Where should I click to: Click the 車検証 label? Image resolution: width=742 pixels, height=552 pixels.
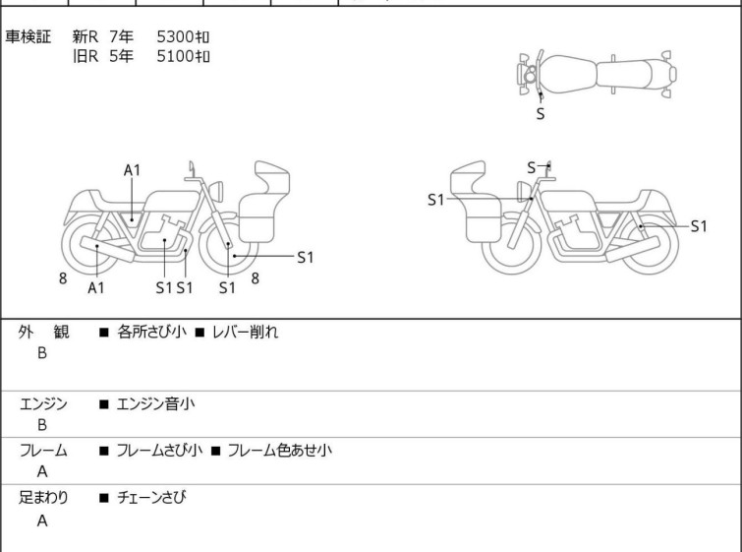click(28, 36)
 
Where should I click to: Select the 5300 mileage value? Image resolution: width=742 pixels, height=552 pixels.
click(175, 36)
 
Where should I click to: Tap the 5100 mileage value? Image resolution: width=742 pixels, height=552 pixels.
click(175, 56)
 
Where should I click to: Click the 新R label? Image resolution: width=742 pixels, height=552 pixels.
click(86, 36)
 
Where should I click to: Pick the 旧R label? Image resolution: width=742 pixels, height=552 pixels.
click(86, 56)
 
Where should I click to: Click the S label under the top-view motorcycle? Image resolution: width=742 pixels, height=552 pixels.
click(541, 114)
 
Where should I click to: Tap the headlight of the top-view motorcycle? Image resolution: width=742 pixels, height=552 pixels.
click(530, 75)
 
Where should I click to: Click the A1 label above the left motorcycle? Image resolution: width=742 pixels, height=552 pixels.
click(132, 170)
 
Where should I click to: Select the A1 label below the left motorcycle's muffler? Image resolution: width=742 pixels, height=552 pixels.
click(96, 287)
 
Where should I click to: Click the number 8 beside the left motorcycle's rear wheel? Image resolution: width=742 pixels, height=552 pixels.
click(63, 278)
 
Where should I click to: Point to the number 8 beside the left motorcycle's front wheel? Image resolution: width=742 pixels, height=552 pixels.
click(256, 278)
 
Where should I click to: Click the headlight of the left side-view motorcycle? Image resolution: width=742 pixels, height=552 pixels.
click(216, 191)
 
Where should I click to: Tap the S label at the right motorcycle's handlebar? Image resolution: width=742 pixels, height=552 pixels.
click(532, 167)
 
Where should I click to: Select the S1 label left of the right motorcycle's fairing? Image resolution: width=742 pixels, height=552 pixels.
click(435, 200)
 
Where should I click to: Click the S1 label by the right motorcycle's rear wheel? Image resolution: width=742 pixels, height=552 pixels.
click(699, 226)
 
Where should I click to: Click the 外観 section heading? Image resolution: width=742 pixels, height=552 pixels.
click(43, 333)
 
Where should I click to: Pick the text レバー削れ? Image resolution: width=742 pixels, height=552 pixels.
click(245, 333)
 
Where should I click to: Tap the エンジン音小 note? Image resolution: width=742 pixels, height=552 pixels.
click(155, 404)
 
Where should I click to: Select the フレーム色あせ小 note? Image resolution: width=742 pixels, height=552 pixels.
click(280, 450)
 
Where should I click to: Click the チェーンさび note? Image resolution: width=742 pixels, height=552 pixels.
click(151, 497)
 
